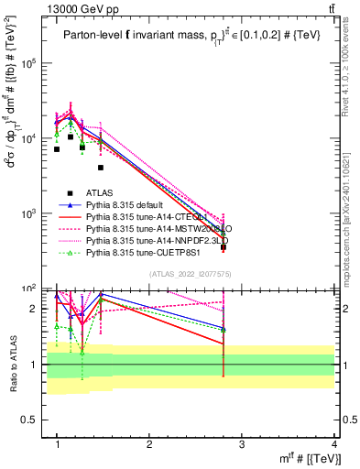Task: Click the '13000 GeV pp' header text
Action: tap(52, 7)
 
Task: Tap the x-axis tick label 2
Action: tap(149, 444)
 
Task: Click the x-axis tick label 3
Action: tap(242, 444)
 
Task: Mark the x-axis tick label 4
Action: tap(334, 444)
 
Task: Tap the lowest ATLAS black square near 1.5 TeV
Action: tap(101, 168)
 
